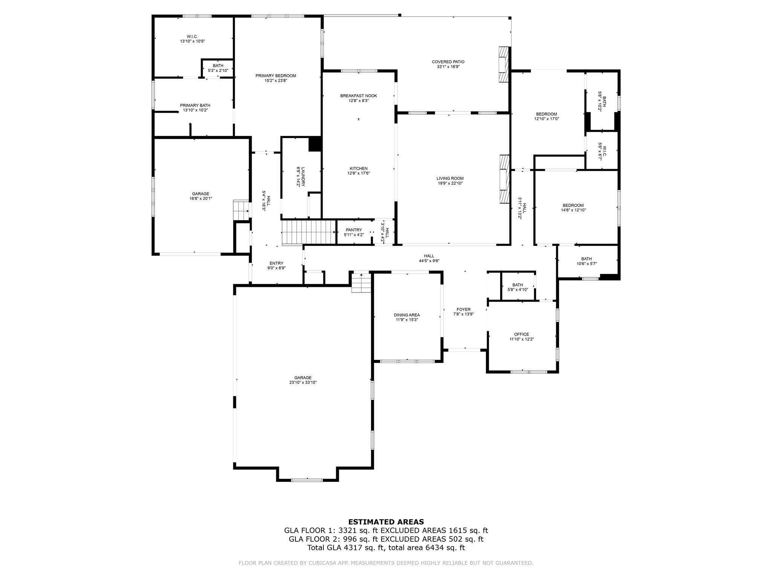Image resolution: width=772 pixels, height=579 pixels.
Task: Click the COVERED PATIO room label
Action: (x=448, y=62)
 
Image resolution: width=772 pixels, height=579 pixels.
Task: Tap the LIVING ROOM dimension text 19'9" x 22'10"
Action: (x=450, y=184)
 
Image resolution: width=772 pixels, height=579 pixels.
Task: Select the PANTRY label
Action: (x=354, y=230)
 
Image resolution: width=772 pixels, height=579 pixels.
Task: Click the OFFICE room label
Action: (x=521, y=334)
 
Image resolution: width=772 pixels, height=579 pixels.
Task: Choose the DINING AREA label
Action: (x=407, y=315)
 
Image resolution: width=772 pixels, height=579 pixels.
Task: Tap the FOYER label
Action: (x=463, y=309)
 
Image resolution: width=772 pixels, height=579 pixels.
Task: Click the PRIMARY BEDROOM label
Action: (x=276, y=76)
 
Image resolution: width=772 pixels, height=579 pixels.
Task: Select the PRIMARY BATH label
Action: (x=195, y=106)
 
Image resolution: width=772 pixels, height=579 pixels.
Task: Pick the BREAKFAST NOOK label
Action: (x=358, y=96)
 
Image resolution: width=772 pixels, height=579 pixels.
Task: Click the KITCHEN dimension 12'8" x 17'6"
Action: (x=358, y=173)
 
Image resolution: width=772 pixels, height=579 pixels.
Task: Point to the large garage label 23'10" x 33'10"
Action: (x=303, y=383)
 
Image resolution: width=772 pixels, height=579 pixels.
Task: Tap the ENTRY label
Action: (x=276, y=263)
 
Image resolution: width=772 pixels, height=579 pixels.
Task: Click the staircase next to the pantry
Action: (x=308, y=233)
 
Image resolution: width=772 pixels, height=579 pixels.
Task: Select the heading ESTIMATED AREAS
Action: (x=386, y=522)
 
